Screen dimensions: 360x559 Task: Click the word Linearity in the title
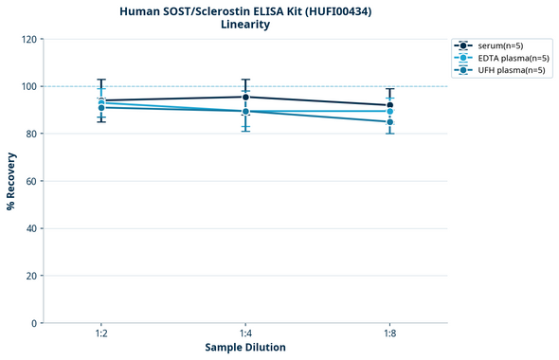click(245, 25)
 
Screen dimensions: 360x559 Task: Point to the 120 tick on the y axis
click(28, 39)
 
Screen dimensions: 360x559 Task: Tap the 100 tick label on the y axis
click(28, 86)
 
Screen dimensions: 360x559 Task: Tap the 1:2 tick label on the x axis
click(101, 334)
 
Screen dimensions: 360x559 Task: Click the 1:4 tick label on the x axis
click(245, 334)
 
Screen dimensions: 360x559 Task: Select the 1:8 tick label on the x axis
click(389, 334)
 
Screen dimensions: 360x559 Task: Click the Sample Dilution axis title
click(245, 348)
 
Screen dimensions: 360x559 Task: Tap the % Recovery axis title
click(11, 181)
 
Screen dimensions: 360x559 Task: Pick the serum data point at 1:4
click(245, 97)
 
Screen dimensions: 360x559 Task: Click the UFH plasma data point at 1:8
click(389, 122)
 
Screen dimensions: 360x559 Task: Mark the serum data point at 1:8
click(389, 105)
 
